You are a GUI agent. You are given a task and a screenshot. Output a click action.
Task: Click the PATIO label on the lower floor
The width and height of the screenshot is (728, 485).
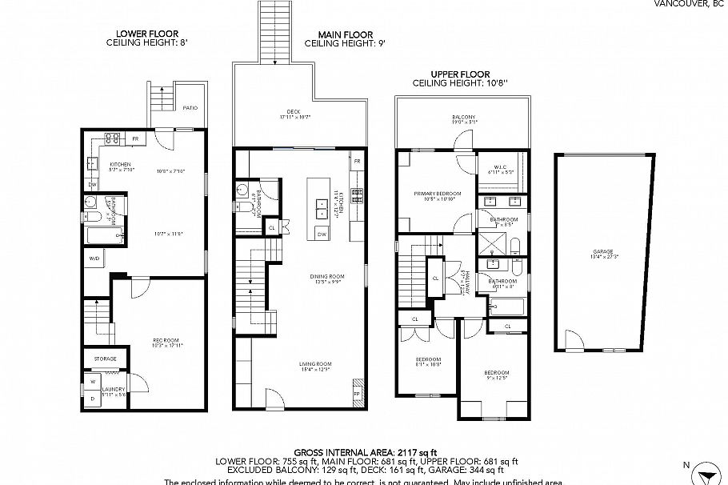(x=190, y=107)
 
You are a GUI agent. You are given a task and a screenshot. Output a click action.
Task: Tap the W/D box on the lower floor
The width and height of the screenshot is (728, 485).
(x=94, y=259)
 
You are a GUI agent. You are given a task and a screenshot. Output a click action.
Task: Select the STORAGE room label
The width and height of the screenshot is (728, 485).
(x=106, y=359)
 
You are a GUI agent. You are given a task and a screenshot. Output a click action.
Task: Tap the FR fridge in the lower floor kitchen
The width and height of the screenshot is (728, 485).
(x=135, y=139)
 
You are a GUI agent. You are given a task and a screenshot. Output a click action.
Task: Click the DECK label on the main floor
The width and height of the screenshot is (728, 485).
(x=294, y=113)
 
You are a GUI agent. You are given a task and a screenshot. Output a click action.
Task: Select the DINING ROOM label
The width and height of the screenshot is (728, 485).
(x=326, y=278)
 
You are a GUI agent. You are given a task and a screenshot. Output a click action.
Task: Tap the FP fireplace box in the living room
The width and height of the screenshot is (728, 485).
(x=357, y=394)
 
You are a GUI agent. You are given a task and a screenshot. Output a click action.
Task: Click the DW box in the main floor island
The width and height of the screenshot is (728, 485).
(x=321, y=234)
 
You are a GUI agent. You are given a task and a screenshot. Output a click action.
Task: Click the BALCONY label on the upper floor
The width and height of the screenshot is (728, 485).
(x=462, y=118)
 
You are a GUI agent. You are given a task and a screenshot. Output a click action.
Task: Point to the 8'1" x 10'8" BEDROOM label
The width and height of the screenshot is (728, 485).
(x=428, y=360)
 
